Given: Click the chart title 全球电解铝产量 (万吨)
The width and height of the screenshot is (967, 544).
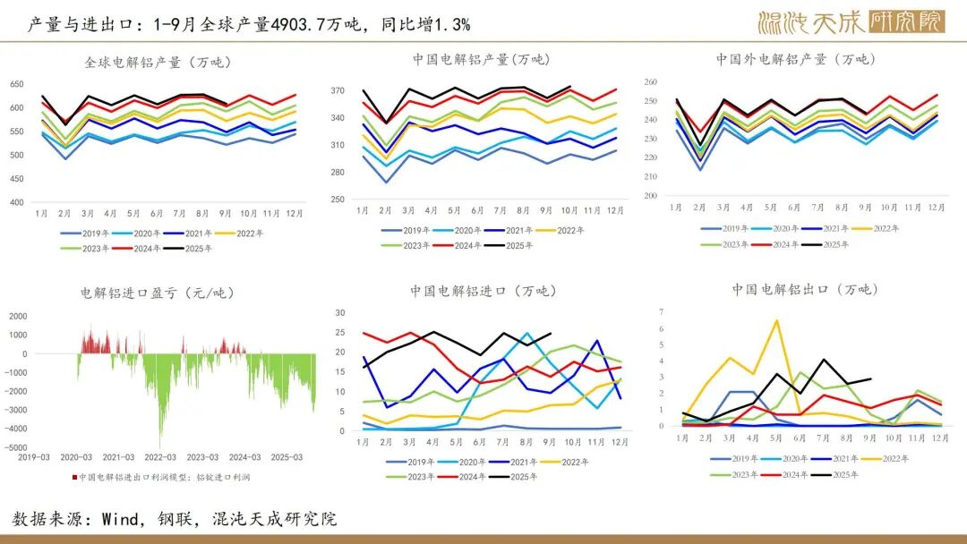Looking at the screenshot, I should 158,63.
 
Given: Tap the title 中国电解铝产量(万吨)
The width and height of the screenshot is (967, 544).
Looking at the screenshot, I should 481,60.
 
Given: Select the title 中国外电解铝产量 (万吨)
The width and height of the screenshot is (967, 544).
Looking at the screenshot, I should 794,60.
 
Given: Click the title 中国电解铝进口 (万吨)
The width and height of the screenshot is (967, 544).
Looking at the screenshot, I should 481,292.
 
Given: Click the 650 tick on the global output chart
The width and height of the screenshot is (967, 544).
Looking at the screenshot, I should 17,84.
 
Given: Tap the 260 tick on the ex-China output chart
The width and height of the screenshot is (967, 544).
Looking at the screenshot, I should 650,82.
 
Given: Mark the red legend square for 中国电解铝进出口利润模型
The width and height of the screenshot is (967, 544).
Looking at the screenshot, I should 75,477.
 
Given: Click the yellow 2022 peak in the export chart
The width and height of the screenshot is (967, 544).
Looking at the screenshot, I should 775,320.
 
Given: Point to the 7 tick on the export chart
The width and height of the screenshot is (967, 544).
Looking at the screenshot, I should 661,311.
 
